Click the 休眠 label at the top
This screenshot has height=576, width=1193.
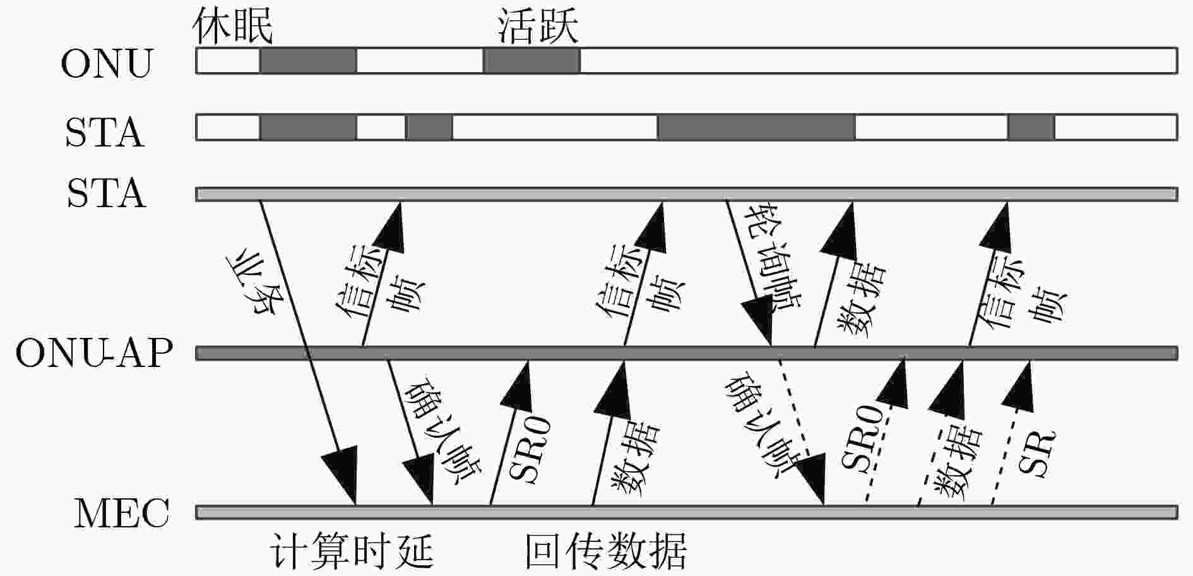click(x=232, y=26)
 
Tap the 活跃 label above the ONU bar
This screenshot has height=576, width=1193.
click(x=537, y=26)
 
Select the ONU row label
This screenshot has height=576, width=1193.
click(x=107, y=63)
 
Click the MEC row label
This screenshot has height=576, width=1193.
click(x=122, y=513)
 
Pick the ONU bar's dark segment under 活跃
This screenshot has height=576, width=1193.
click(x=531, y=61)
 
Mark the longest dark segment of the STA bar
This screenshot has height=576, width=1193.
click(x=756, y=127)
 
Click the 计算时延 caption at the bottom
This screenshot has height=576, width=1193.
click(x=352, y=551)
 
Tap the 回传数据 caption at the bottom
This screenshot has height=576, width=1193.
click(x=606, y=551)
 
